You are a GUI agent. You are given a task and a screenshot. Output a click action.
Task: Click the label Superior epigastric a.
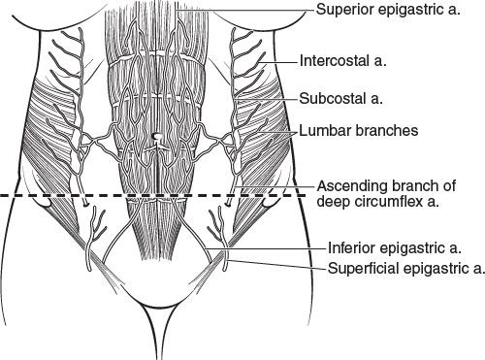[388, 10]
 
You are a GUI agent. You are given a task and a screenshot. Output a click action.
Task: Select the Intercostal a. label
[343, 61]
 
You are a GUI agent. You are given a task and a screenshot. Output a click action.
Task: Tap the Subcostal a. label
[341, 98]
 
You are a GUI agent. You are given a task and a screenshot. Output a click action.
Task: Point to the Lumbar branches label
[359, 131]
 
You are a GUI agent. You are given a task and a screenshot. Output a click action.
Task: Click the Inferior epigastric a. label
[395, 248]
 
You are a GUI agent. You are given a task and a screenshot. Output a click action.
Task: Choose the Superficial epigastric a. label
[406, 269]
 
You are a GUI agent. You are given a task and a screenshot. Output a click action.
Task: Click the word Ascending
[352, 187]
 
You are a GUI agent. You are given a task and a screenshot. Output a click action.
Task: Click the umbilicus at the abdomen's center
[156, 137]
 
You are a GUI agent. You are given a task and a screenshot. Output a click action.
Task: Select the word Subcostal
[332, 98]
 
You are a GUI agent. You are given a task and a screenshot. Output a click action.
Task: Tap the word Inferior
[351, 248]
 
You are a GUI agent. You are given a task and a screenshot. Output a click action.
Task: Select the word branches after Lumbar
[386, 131]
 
